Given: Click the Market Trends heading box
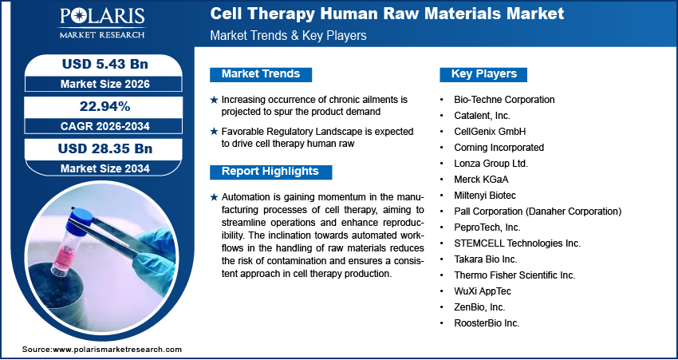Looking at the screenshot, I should (261, 74).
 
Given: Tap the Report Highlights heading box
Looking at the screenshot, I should (270, 172).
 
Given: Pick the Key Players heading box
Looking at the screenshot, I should (483, 74).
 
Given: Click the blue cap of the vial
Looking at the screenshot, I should (82, 216).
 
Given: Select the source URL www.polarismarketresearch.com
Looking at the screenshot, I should (117, 350).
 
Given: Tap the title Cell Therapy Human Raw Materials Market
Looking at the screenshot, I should (387, 14).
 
